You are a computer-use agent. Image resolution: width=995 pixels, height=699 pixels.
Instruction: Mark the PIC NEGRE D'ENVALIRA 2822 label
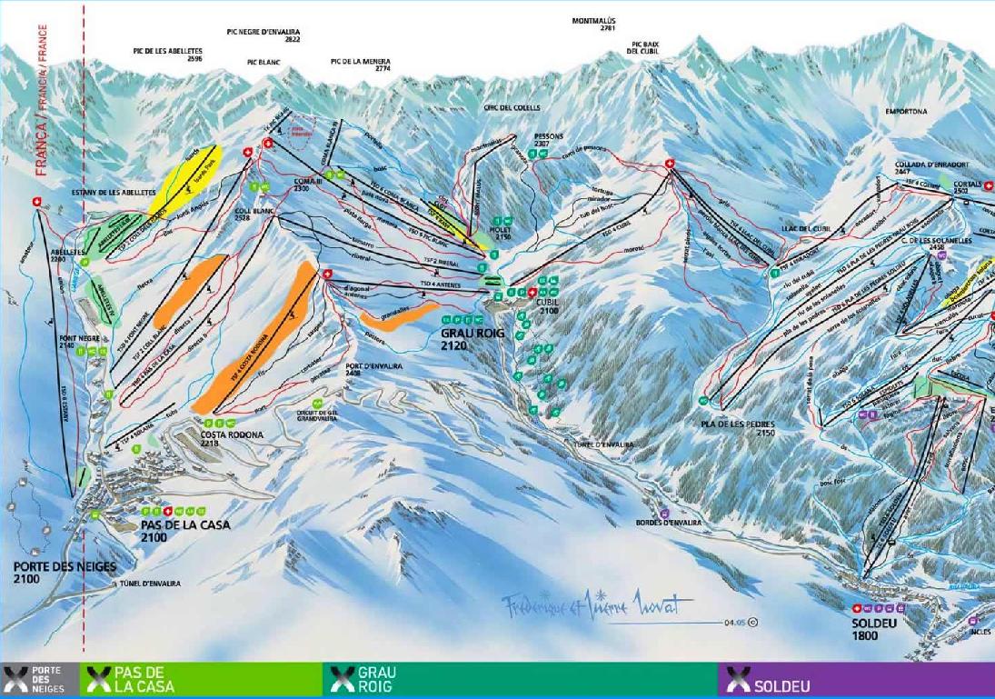tap(264, 35)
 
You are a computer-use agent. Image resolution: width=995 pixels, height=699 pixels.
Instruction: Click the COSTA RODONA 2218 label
tap(232, 440)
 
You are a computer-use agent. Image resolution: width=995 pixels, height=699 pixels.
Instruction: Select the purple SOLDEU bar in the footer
tap(854, 680)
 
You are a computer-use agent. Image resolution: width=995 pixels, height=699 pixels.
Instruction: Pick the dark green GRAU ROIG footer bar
tap(518, 680)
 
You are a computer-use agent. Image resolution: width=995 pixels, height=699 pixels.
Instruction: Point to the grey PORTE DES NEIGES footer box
tap(41, 680)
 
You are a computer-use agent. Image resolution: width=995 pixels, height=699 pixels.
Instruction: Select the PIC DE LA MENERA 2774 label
tap(361, 65)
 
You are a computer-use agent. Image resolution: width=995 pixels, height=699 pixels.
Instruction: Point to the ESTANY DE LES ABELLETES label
tap(114, 193)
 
